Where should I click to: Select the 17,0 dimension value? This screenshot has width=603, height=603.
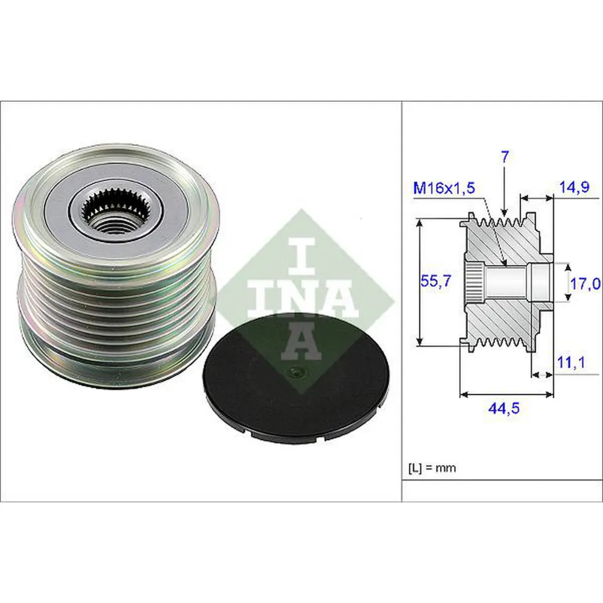coord(585,283)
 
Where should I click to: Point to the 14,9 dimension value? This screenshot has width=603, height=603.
coord(575,188)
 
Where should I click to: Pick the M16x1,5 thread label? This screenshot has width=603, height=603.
coord(444,188)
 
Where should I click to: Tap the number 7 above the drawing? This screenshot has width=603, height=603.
coord(505,158)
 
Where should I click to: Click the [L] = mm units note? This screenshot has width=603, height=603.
coord(432,467)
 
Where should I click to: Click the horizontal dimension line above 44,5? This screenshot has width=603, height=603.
coord(507,395)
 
